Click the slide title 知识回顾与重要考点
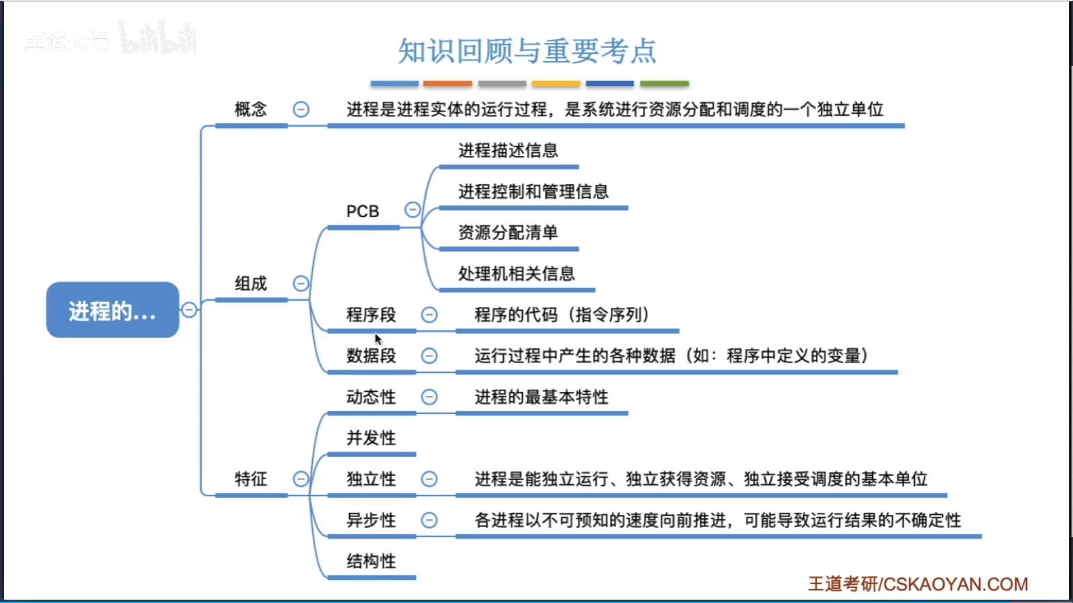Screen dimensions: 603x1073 (527, 51)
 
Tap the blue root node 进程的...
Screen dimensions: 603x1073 (112, 311)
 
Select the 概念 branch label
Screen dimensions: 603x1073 (250, 109)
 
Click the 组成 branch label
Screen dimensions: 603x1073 (250, 284)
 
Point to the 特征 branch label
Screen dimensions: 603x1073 (250, 479)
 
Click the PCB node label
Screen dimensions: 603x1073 (363, 211)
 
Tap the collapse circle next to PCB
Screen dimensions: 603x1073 (412, 210)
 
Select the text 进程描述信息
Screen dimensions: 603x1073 (508, 151)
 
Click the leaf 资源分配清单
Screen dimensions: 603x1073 (508, 233)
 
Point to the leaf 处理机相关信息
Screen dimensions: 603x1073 (516, 274)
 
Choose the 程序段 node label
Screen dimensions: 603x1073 (371, 315)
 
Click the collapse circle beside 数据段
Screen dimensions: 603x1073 (429, 356)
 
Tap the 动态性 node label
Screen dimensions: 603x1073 (371, 397)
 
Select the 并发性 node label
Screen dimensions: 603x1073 (371, 438)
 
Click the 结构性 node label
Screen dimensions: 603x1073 (371, 561)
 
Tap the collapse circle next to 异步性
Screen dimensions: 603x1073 (429, 520)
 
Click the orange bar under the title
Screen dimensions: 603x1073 (447, 84)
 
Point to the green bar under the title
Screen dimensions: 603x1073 (664, 84)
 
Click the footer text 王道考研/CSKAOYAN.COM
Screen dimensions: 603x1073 (918, 584)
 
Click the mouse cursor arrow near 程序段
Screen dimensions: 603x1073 (378, 339)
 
